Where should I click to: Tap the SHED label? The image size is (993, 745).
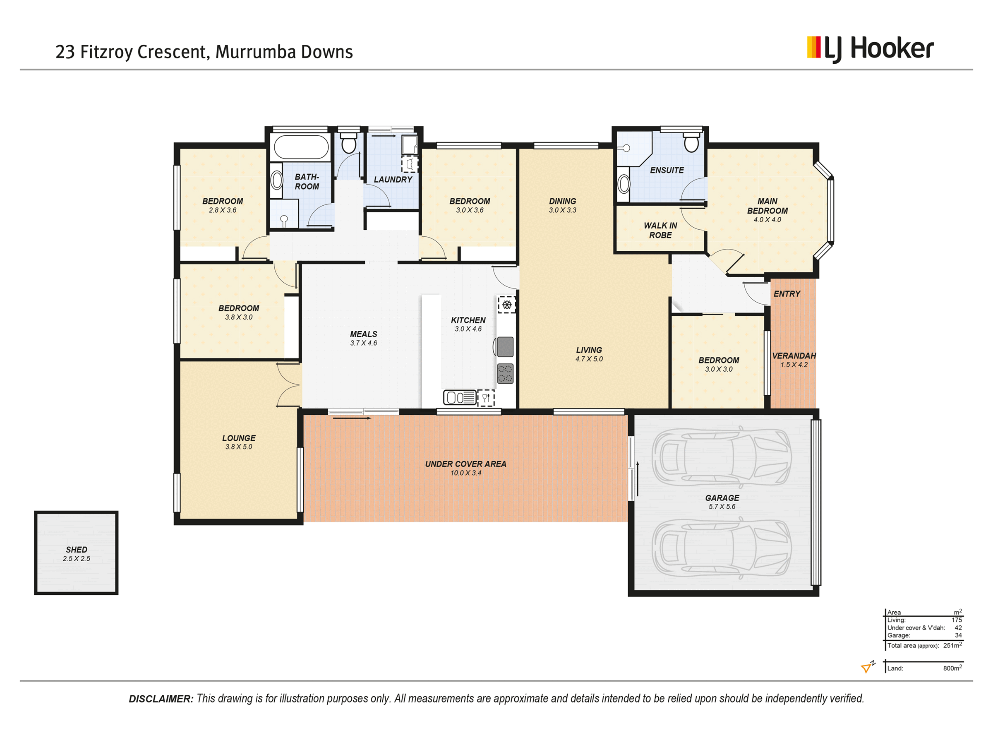point(76,549)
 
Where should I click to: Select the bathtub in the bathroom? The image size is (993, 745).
point(301,147)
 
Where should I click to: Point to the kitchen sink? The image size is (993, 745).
point(460,397)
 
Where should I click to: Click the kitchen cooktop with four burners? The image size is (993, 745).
point(505,373)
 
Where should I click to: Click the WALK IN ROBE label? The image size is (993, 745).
point(660,231)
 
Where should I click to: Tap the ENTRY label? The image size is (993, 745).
point(787,294)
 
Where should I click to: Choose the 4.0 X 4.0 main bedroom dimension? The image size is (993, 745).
point(767,220)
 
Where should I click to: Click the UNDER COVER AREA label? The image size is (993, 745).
point(465,464)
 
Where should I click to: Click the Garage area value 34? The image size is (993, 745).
point(958,635)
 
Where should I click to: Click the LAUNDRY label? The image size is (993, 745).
point(393,180)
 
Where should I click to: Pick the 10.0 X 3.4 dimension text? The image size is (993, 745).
point(465,473)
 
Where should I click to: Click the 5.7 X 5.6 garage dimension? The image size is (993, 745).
point(722,507)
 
